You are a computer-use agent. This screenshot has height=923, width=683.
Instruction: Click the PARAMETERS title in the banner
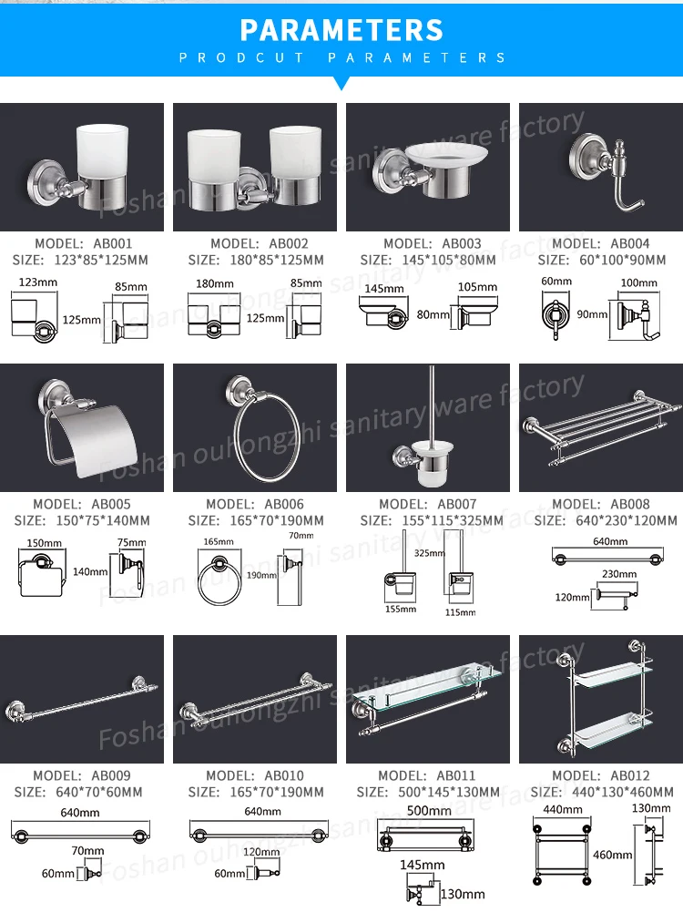(341, 30)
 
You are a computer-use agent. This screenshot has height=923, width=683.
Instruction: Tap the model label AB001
(83, 243)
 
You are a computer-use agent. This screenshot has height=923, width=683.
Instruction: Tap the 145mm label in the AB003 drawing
(384, 288)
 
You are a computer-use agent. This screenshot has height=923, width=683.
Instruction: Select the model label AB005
(82, 504)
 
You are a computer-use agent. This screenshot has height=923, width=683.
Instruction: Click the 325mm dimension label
(429, 553)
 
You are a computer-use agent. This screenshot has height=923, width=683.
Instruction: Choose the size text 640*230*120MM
(606, 520)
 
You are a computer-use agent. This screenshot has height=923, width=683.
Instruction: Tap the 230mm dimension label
(618, 574)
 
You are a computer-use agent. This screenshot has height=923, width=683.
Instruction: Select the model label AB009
(82, 775)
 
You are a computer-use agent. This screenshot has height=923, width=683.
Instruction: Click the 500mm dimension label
(428, 811)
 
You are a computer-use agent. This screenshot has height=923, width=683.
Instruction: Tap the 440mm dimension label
(562, 809)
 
